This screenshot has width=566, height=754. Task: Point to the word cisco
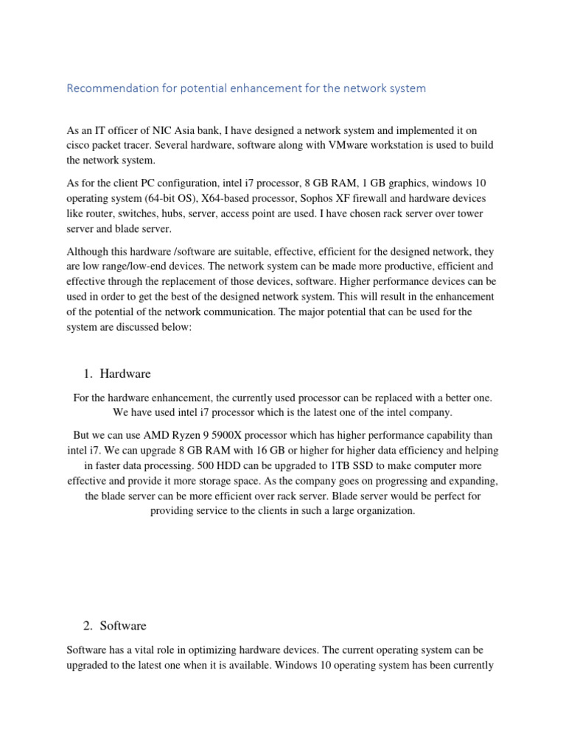pos(79,145)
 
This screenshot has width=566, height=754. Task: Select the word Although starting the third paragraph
pos(90,250)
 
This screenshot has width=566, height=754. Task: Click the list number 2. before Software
pos(88,626)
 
